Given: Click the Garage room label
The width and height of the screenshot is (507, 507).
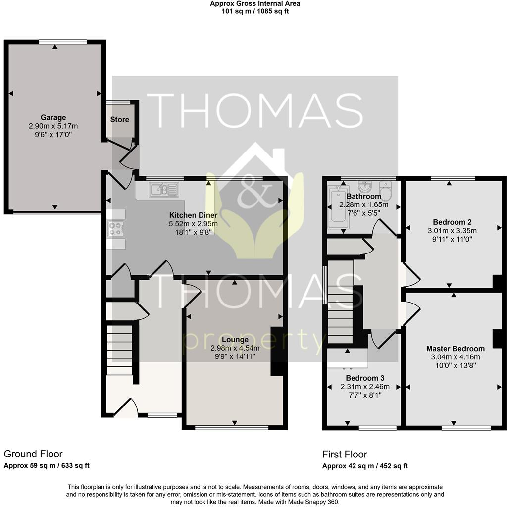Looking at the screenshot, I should click(x=53, y=118).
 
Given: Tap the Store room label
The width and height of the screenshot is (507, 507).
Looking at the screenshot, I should click(x=119, y=119).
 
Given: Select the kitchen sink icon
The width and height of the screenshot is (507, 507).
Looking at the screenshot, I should click(x=163, y=189).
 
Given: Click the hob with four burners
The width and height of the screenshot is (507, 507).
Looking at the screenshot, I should click(x=116, y=229).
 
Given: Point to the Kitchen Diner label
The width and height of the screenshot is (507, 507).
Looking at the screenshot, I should click(x=193, y=215).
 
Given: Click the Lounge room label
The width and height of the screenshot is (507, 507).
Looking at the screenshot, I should click(x=235, y=340).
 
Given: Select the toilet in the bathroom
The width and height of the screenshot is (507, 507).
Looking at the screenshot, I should click(x=385, y=190).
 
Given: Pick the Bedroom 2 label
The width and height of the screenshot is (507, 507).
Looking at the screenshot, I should click(x=449, y=222).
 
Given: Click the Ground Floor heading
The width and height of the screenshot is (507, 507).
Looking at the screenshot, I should click(x=33, y=454).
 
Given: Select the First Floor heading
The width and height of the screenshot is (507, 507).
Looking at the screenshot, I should click(x=345, y=454).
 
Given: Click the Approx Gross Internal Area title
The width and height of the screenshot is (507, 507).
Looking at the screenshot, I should click(x=254, y=4).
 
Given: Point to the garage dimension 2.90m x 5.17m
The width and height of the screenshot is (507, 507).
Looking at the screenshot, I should click(x=53, y=126).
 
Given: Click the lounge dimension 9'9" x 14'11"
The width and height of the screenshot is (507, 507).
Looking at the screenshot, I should click(x=235, y=356).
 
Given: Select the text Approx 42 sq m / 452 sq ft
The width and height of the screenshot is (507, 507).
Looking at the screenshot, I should click(x=365, y=466).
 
